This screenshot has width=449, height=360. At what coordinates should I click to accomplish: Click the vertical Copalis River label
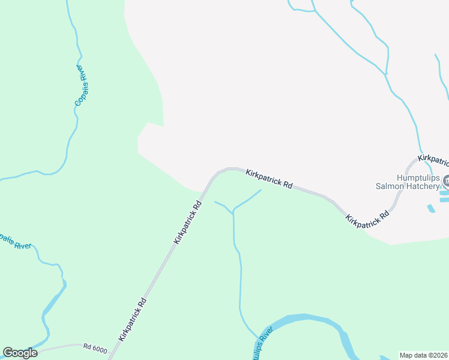(82, 86)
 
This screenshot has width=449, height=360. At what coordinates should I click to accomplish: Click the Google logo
(20, 353)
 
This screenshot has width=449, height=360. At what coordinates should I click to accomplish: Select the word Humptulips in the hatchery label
(418, 178)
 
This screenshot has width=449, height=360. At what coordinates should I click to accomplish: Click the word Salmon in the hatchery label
(391, 186)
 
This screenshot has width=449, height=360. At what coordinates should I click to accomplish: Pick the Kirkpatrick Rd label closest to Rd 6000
(133, 319)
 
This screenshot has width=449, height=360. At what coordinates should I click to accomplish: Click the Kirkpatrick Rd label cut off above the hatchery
(433, 160)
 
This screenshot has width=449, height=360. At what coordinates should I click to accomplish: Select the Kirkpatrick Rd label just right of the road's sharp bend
(269, 179)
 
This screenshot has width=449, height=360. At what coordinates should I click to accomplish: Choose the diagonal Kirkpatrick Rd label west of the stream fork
(187, 222)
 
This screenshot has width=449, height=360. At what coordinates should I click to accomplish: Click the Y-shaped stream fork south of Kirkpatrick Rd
(233, 212)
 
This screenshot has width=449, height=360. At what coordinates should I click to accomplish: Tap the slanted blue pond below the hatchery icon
(431, 209)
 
